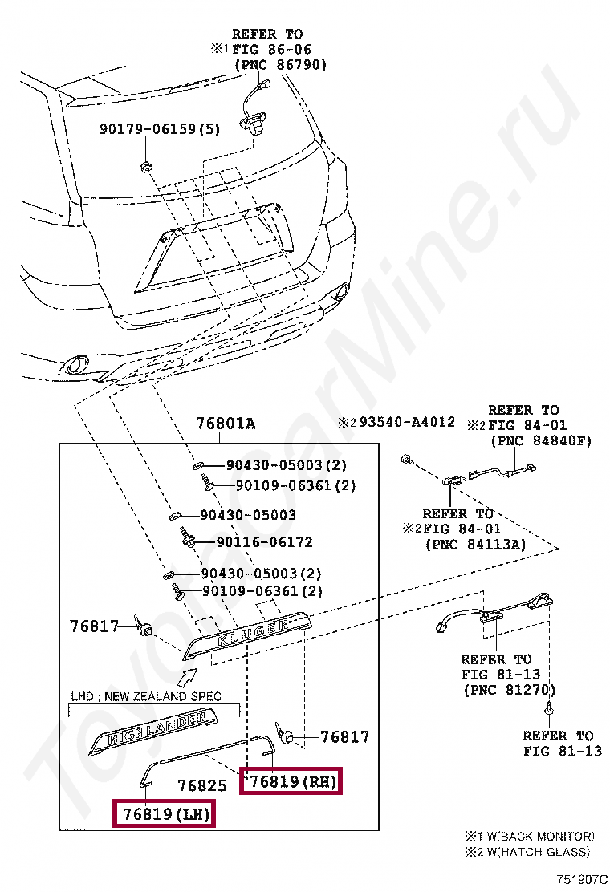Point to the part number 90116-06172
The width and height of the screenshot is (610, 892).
(256, 542)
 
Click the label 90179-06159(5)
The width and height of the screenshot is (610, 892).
(159, 128)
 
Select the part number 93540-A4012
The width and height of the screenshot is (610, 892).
(407, 422)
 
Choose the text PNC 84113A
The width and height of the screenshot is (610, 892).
(474, 545)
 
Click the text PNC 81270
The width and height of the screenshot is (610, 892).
(509, 689)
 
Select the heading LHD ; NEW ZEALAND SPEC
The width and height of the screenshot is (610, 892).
(146, 696)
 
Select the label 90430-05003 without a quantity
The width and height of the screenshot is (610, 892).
(248, 515)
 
